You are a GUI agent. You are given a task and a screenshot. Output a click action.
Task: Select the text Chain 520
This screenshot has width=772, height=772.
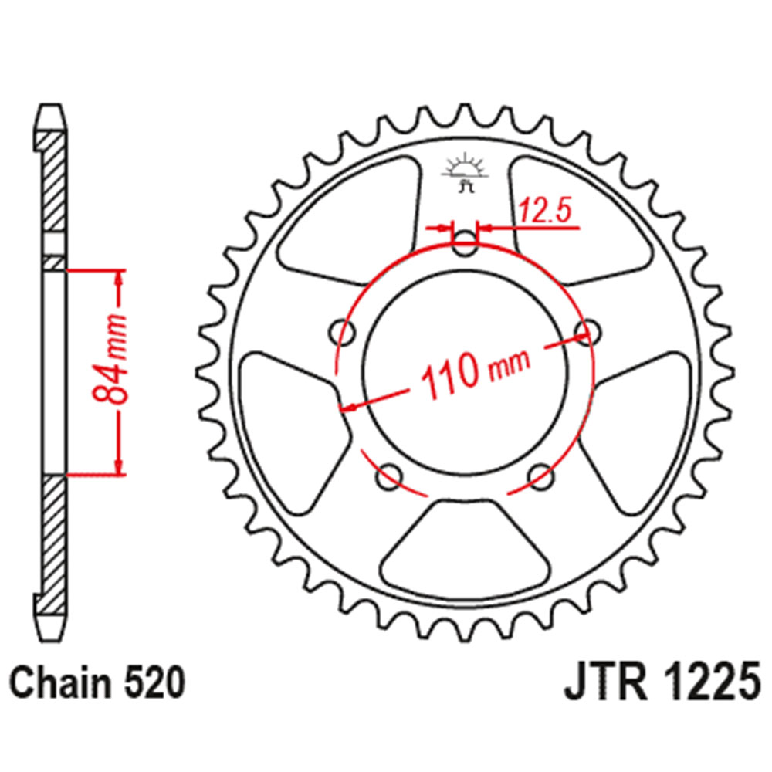(98, 683)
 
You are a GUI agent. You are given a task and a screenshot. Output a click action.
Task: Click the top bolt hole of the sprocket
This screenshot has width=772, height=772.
(465, 245)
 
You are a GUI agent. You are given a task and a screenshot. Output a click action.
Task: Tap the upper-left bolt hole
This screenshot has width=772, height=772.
(343, 334)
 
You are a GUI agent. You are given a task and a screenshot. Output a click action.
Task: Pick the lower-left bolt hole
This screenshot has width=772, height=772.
(388, 476)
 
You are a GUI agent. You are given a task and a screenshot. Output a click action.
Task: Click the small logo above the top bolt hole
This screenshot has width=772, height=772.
(465, 174)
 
